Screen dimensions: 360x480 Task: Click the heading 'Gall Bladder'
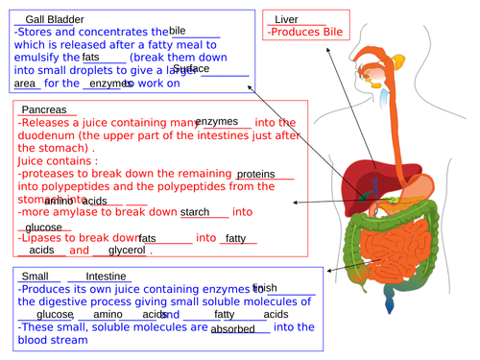click(54, 18)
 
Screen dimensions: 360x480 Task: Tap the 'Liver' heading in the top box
click(286, 19)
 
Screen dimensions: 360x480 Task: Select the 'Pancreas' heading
click(44, 109)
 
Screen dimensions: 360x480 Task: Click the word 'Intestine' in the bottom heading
click(79, 276)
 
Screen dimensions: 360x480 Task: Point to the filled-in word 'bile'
click(178, 32)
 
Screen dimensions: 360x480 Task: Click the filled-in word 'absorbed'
click(233, 328)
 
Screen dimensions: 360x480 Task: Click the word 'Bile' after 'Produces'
click(331, 32)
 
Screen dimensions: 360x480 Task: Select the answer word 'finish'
click(265, 288)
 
